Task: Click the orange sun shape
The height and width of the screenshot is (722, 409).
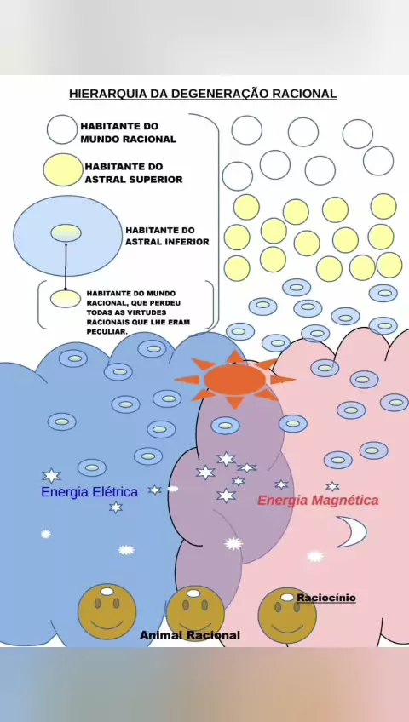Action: pos(235,379)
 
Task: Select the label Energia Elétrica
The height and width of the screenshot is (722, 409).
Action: pos(89,492)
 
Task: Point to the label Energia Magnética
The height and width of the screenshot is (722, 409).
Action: pos(318,501)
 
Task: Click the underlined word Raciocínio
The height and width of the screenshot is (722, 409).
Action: pos(326,598)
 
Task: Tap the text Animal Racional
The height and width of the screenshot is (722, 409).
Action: pos(190,635)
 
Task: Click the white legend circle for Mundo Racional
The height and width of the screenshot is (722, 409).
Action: pos(61,129)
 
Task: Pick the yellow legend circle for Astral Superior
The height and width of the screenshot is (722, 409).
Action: pos(63,170)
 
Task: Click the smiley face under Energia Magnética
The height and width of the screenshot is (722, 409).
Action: pos(287,616)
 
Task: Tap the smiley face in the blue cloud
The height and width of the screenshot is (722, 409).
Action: pos(107,611)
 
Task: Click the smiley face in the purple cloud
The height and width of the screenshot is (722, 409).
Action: pos(195,614)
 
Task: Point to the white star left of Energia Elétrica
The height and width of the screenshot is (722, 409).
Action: pos(52,476)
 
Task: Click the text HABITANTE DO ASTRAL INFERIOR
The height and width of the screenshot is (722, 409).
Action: pos(167,236)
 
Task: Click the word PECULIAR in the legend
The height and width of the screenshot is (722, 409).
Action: pos(107,331)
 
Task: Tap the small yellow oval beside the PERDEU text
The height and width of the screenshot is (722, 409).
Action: pos(65,299)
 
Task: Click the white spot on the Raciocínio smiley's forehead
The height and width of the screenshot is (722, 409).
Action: pos(287,597)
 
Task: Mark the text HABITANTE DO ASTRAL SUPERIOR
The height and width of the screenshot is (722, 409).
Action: pos(134,173)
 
